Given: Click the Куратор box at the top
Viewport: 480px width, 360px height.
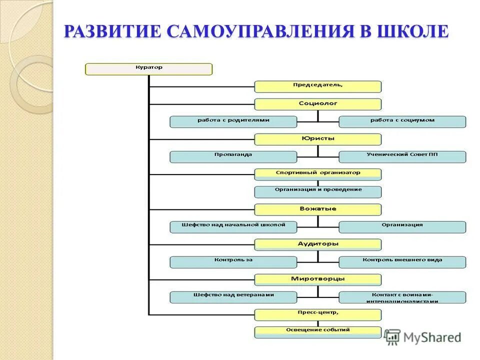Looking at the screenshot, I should (x=149, y=69).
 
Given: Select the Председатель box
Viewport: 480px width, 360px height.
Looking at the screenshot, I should (x=317, y=86).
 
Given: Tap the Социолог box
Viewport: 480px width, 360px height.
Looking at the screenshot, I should (x=317, y=104).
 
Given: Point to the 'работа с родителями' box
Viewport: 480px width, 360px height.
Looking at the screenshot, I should (x=233, y=121).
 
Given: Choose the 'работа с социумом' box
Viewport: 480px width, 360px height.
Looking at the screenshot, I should (x=402, y=121).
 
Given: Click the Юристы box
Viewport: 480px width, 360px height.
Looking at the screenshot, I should (x=317, y=139).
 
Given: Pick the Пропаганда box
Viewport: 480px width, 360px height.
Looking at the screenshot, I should (x=233, y=156).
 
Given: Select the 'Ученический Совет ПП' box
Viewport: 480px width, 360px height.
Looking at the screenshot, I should (x=402, y=156).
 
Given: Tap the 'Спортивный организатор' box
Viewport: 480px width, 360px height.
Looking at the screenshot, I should (x=317, y=174).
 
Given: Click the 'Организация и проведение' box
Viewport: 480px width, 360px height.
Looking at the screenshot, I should (x=317, y=191).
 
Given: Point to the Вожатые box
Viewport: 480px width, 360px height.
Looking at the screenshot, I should (x=317, y=209).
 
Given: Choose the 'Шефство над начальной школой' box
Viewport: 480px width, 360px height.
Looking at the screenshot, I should (x=233, y=226).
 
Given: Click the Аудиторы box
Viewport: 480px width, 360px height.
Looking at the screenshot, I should (x=317, y=244).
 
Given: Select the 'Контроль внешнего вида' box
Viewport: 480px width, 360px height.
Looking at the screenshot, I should (x=402, y=261).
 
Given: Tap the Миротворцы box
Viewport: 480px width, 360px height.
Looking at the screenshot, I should (x=317, y=279).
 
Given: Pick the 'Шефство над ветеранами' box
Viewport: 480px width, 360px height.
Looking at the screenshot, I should (x=233, y=297).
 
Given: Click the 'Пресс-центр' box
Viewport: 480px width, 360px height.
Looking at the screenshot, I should (x=317, y=314).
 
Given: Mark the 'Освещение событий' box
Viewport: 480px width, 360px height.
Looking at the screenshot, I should (x=317, y=331).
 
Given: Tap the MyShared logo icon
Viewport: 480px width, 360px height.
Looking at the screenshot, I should (x=392, y=336).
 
